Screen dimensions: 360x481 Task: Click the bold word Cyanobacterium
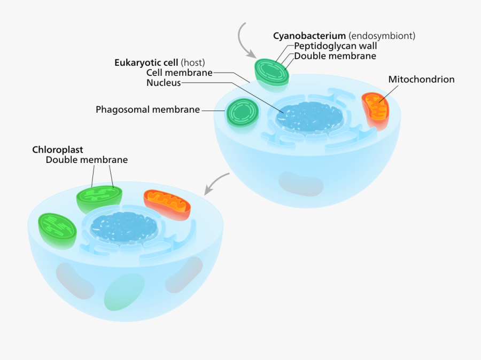click(309, 36)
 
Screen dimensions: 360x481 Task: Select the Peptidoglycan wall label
click(336, 46)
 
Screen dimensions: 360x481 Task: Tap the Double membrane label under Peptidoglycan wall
click(335, 56)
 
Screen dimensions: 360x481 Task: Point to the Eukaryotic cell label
click(146, 62)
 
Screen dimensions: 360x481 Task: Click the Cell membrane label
click(180, 73)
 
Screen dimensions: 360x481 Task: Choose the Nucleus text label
click(164, 83)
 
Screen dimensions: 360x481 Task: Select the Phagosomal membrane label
click(148, 109)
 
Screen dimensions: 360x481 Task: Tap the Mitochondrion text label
click(421, 80)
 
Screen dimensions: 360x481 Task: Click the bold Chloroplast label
click(58, 150)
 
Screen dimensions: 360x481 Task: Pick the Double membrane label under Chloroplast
click(87, 160)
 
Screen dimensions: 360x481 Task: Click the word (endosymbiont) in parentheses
click(382, 36)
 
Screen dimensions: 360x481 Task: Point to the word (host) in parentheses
click(193, 62)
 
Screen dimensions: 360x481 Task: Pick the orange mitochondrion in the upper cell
click(376, 111)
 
